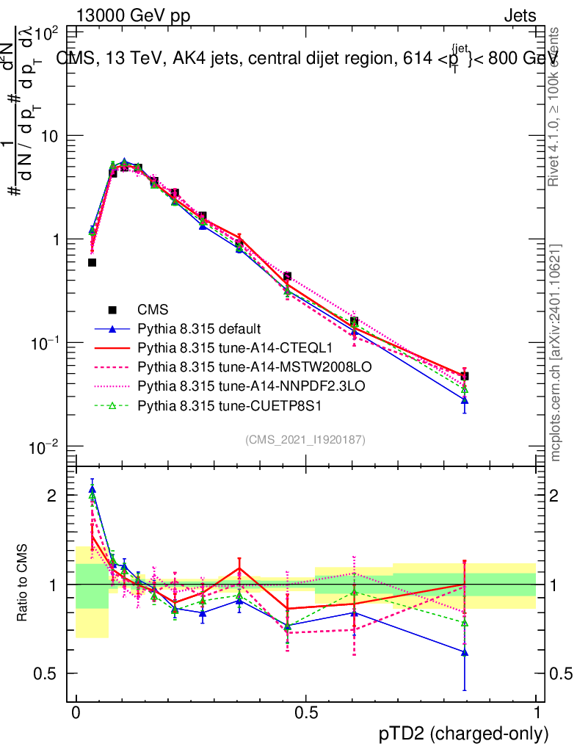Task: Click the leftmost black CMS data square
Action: point(92,262)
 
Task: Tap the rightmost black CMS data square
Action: point(464,376)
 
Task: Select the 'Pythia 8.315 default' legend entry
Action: point(199,328)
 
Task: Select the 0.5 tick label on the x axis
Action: point(306,712)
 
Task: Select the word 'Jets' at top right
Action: point(520,16)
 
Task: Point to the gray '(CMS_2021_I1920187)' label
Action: point(305,439)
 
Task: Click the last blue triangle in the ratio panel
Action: point(464,652)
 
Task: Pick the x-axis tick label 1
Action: point(536,712)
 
